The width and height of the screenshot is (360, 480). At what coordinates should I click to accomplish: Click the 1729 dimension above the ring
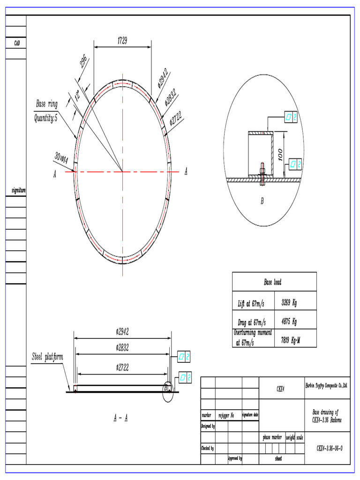122,41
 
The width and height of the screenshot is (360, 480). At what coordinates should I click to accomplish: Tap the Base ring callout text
47,104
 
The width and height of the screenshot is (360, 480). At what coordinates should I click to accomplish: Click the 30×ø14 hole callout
61,158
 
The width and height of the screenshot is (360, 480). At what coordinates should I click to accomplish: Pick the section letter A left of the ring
55,174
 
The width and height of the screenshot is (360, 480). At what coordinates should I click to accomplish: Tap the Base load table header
272,282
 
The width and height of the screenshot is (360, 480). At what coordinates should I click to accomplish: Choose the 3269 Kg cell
289,303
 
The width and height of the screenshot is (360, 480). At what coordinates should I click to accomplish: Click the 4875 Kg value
289,322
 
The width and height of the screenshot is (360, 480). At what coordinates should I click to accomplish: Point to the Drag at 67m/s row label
251,322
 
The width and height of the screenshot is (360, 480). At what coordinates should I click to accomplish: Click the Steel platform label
47,357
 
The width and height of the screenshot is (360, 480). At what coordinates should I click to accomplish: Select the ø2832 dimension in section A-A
122,348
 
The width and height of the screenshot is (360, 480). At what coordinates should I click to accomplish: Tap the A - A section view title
121,419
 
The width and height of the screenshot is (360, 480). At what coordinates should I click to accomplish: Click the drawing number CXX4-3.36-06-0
330,448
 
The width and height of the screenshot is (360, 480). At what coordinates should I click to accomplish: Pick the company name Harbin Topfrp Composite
326,385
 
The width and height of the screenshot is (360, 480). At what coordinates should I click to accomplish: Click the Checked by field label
208,449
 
